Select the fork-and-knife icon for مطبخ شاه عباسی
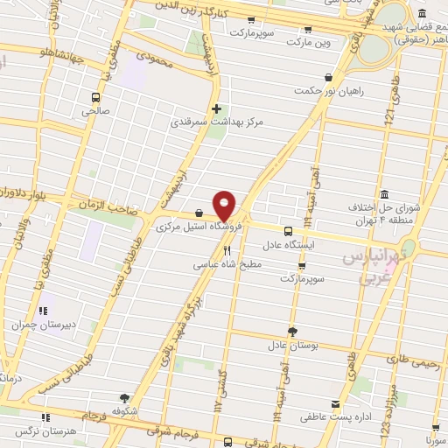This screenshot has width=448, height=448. (203, 251)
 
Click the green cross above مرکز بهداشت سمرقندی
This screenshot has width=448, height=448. (216, 108)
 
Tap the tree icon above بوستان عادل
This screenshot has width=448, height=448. (292, 331)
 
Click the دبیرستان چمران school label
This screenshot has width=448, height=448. (36, 323)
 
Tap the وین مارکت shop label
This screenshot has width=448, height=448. (317, 41)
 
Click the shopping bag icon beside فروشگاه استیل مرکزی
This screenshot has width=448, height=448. (199, 213)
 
